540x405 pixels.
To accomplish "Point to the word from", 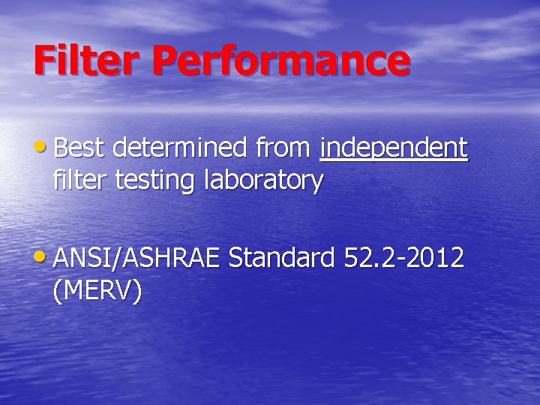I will (x=282, y=148).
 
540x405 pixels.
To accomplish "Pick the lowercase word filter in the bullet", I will (x=80, y=180).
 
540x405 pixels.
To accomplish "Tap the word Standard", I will (x=281, y=258).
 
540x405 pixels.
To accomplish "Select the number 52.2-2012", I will (x=403, y=258).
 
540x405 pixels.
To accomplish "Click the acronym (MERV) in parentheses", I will (x=97, y=291).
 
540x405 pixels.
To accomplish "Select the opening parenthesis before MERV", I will (x=58, y=291).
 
